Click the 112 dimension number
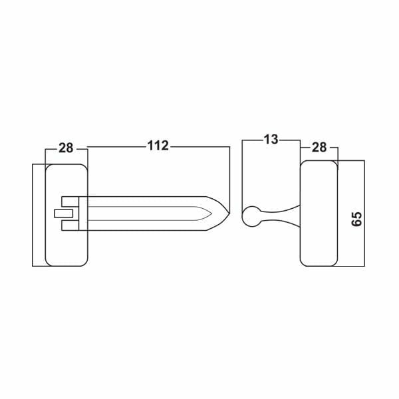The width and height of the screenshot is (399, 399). click(158, 146)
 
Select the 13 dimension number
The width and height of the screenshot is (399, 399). click(271, 140)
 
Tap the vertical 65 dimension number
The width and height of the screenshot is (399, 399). click(356, 219)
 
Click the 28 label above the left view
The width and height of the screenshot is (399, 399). click(66, 148)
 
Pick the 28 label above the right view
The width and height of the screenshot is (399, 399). click(319, 148)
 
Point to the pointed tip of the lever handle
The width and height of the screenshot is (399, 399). click(229, 213)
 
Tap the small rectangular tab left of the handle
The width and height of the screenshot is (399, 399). click(64, 213)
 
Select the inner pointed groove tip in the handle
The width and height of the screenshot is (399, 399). click(211, 213)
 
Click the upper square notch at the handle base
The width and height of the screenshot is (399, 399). click(70, 201)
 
